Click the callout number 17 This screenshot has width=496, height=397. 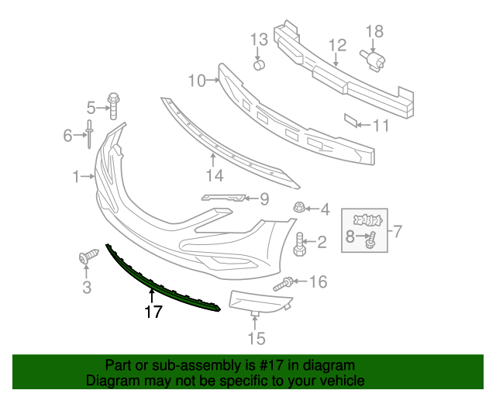point(153,312)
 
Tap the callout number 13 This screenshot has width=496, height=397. point(258,40)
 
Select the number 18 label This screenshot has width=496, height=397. point(374,31)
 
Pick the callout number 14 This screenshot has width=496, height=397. point(213,176)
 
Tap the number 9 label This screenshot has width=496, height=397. point(263,199)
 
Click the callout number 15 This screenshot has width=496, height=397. point(256,338)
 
